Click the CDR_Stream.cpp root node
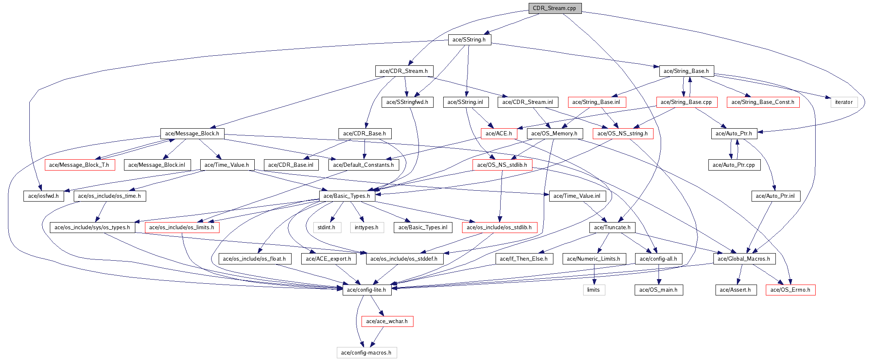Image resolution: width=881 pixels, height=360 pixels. pyautogui.click(x=555, y=8)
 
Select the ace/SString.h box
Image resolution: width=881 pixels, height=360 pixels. pyautogui.click(x=469, y=39)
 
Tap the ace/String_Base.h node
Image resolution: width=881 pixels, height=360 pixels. pyautogui.click(x=686, y=71)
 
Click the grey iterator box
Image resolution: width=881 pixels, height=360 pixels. pyautogui.click(x=844, y=102)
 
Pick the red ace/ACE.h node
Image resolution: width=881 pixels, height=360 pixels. pyautogui.click(x=499, y=133)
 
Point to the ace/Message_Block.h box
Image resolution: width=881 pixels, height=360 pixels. pyautogui.click(x=192, y=133)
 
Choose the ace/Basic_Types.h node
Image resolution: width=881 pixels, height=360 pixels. pyautogui.click(x=347, y=196)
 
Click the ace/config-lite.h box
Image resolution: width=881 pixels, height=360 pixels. pyautogui.click(x=367, y=290)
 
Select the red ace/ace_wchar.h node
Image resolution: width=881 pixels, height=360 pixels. pyautogui.click(x=387, y=321)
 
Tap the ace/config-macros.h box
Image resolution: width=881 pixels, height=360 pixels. pyautogui.click(x=367, y=352)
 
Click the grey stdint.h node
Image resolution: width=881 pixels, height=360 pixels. pyautogui.click(x=327, y=227)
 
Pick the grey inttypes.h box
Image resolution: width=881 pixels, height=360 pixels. pyautogui.click(x=367, y=227)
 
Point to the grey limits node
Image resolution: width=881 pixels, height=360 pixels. pyautogui.click(x=594, y=290)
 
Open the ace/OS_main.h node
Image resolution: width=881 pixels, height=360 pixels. pyautogui.click(x=659, y=290)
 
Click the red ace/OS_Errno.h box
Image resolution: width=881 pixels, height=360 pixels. pyautogui.click(x=791, y=290)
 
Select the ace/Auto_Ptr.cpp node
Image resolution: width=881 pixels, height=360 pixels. pyautogui.click(x=734, y=165)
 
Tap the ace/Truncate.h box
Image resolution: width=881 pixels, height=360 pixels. pyautogui.click(x=612, y=227)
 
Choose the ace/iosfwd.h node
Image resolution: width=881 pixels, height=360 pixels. pyautogui.click(x=44, y=196)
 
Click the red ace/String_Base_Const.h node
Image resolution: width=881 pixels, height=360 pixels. pyautogui.click(x=763, y=102)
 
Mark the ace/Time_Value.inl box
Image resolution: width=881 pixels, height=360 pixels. pyautogui.click(x=577, y=196)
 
